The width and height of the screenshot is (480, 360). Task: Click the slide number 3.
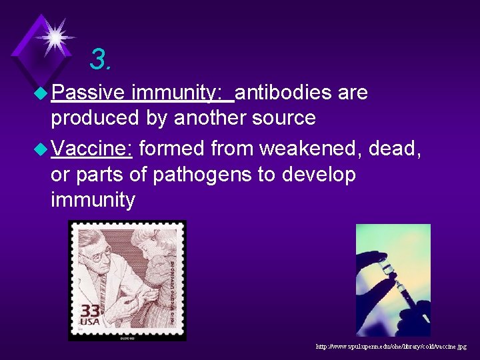click(101, 60)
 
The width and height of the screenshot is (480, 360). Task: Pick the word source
click(283, 118)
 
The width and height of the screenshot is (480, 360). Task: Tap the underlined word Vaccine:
click(92, 148)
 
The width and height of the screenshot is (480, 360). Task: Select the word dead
click(395, 148)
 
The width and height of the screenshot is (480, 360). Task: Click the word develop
click(322, 175)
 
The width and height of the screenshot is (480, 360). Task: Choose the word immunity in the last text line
click(93, 199)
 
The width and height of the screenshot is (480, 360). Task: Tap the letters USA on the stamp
click(91, 325)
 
